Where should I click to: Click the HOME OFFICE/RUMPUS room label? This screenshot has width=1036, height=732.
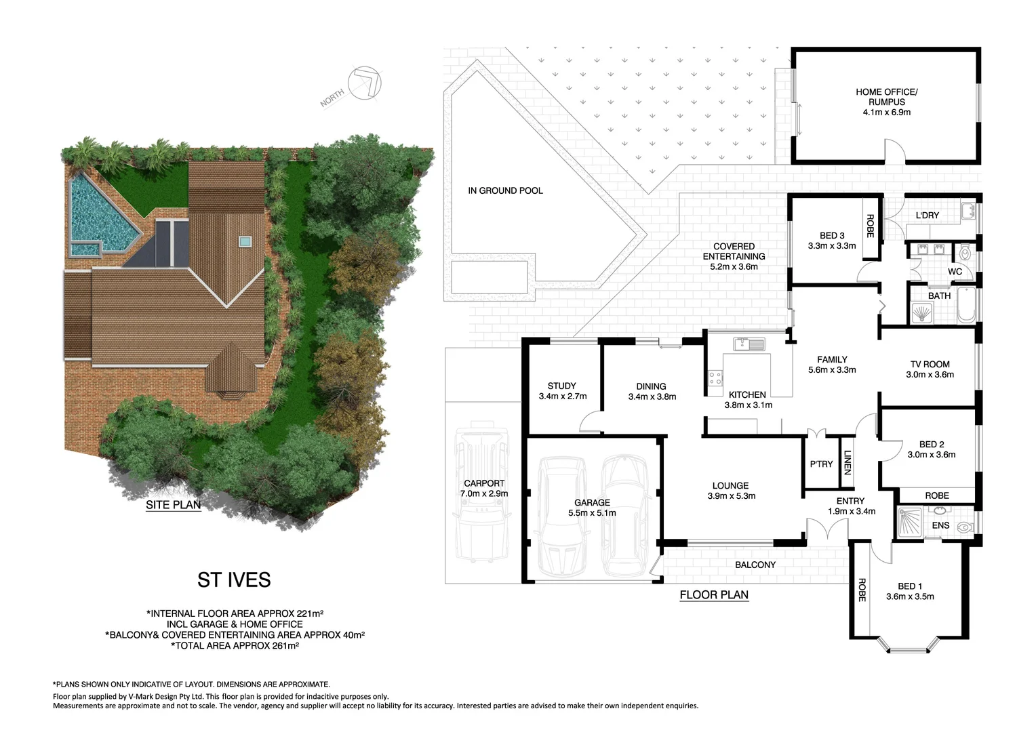(x=886, y=102)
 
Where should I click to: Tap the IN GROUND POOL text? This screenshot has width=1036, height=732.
(x=505, y=191)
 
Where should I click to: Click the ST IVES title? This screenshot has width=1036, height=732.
(x=234, y=580)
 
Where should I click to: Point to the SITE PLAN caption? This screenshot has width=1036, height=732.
(x=173, y=505)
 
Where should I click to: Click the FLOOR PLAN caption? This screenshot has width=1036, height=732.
(x=714, y=595)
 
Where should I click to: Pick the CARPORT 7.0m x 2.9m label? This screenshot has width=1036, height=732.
(x=484, y=489)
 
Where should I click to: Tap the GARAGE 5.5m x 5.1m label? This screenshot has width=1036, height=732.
(x=592, y=508)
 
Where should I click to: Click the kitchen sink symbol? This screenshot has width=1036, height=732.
(x=748, y=344)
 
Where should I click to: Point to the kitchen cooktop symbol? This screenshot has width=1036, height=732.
(x=715, y=378)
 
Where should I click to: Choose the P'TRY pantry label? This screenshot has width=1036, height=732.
(x=821, y=464)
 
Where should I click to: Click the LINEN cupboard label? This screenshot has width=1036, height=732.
(x=847, y=464)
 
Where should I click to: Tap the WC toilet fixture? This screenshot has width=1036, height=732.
(x=965, y=254)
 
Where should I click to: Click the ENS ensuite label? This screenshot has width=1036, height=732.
(x=940, y=525)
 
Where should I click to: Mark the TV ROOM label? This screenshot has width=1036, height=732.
(x=930, y=369)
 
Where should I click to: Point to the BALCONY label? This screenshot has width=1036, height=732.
(x=755, y=565)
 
